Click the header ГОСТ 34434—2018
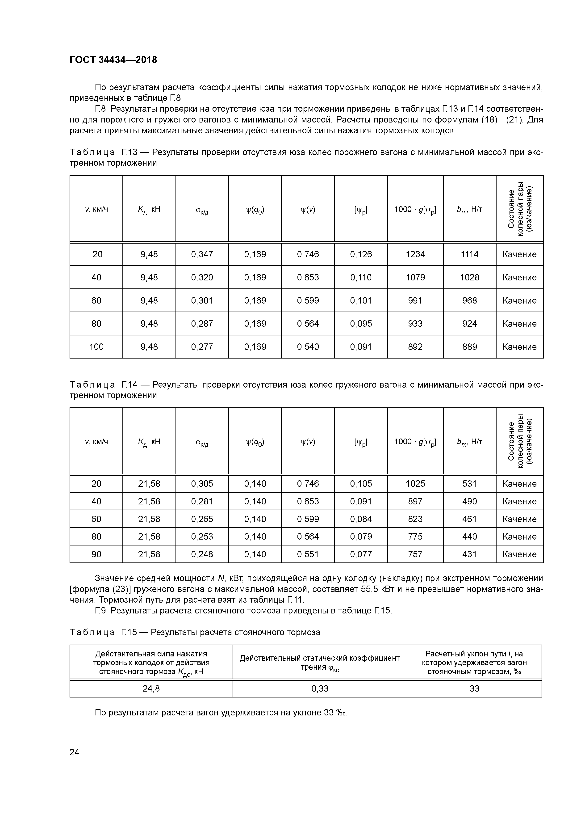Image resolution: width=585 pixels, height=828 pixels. coord(113,60)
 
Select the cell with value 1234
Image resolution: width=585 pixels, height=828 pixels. coord(415,254)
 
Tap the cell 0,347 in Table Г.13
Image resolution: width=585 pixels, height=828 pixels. coord(202,254)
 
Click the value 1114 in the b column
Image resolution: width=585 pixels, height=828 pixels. coord(469,254)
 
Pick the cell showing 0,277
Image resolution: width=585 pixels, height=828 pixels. coord(202,346)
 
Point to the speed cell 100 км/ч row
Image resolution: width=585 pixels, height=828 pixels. coord(96,346)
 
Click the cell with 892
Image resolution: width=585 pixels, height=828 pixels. coord(415,346)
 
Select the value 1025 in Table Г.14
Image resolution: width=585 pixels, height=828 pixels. coord(415,484)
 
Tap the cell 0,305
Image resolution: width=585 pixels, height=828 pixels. coord(202,484)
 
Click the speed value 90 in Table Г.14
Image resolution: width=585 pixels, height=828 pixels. coord(96,554)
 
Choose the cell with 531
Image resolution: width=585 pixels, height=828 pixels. coord(469,484)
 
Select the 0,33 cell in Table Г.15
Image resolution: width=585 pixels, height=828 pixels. coord(320,689)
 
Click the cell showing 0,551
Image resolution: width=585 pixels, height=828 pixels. coord(308,554)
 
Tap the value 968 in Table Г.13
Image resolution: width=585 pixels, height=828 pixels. coord(469,300)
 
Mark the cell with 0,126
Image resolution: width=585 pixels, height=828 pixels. coord(361,254)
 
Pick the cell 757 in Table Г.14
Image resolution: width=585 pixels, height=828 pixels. coord(415,554)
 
